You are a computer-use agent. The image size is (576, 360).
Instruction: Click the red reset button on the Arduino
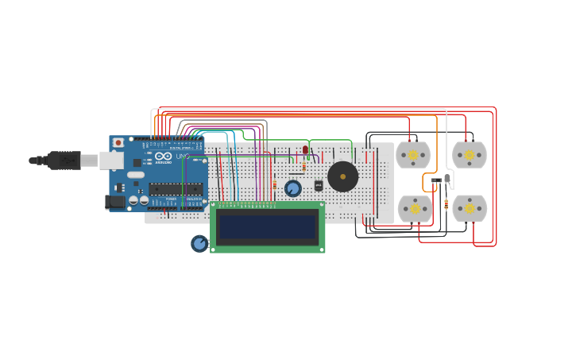(x=118, y=143)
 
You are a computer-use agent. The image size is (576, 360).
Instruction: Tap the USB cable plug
(x=64, y=161)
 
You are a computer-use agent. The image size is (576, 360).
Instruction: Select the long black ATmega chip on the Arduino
(x=176, y=189)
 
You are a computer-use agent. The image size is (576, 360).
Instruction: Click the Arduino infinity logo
(x=163, y=157)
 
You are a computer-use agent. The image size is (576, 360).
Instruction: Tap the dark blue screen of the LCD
(x=267, y=227)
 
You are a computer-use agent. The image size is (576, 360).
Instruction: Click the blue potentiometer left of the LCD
(x=199, y=243)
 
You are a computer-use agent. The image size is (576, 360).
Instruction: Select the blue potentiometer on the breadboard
(x=293, y=188)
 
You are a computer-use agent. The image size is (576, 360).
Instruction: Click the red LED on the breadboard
(x=305, y=150)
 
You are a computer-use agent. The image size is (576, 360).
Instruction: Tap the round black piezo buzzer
(x=343, y=176)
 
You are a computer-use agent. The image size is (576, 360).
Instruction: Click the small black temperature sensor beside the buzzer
(x=319, y=185)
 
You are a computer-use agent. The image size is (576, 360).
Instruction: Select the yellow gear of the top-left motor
(x=413, y=155)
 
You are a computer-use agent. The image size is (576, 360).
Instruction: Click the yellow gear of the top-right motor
(x=469, y=155)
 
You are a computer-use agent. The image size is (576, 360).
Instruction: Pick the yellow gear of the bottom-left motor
(x=415, y=208)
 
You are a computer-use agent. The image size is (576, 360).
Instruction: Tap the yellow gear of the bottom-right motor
(x=469, y=208)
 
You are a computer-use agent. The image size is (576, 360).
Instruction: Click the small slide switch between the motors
(x=435, y=181)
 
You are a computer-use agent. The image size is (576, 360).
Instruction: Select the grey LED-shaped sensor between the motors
(x=447, y=179)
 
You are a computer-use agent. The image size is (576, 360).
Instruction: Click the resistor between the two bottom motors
(x=446, y=205)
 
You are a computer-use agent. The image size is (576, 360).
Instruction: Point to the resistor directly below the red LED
(x=304, y=166)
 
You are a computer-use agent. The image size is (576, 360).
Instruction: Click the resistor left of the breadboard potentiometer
(x=275, y=185)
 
